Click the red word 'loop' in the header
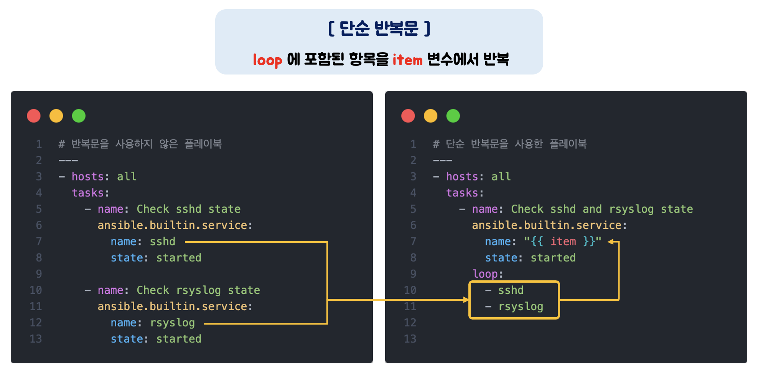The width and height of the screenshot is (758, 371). coord(267,60)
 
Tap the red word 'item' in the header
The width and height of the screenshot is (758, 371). coord(407,60)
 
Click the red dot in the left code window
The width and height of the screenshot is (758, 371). coord(34,116)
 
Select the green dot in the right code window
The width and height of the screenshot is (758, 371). coord(453,116)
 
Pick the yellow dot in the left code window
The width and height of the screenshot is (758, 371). coord(56,116)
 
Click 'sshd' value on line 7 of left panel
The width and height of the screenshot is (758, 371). coord(162,242)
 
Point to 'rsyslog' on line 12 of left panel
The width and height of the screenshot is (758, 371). coord(172,323)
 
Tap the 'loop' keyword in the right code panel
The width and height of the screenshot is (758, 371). coord(485,274)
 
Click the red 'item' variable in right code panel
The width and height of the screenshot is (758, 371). coord(563,242)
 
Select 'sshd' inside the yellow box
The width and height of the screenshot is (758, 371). coord(511,290)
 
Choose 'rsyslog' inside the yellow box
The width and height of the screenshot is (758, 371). coord(521,306)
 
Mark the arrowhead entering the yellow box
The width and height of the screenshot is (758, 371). coord(466,300)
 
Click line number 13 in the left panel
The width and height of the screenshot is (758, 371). coord(36,339)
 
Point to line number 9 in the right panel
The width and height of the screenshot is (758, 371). coord(413,274)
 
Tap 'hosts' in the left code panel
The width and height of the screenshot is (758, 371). coord(87,177)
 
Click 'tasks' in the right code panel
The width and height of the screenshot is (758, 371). coord(462,193)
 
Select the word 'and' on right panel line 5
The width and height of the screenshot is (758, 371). coord(592,209)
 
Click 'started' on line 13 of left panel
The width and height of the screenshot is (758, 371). coord(179,339)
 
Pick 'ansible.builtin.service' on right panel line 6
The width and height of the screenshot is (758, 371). coord(547,225)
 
